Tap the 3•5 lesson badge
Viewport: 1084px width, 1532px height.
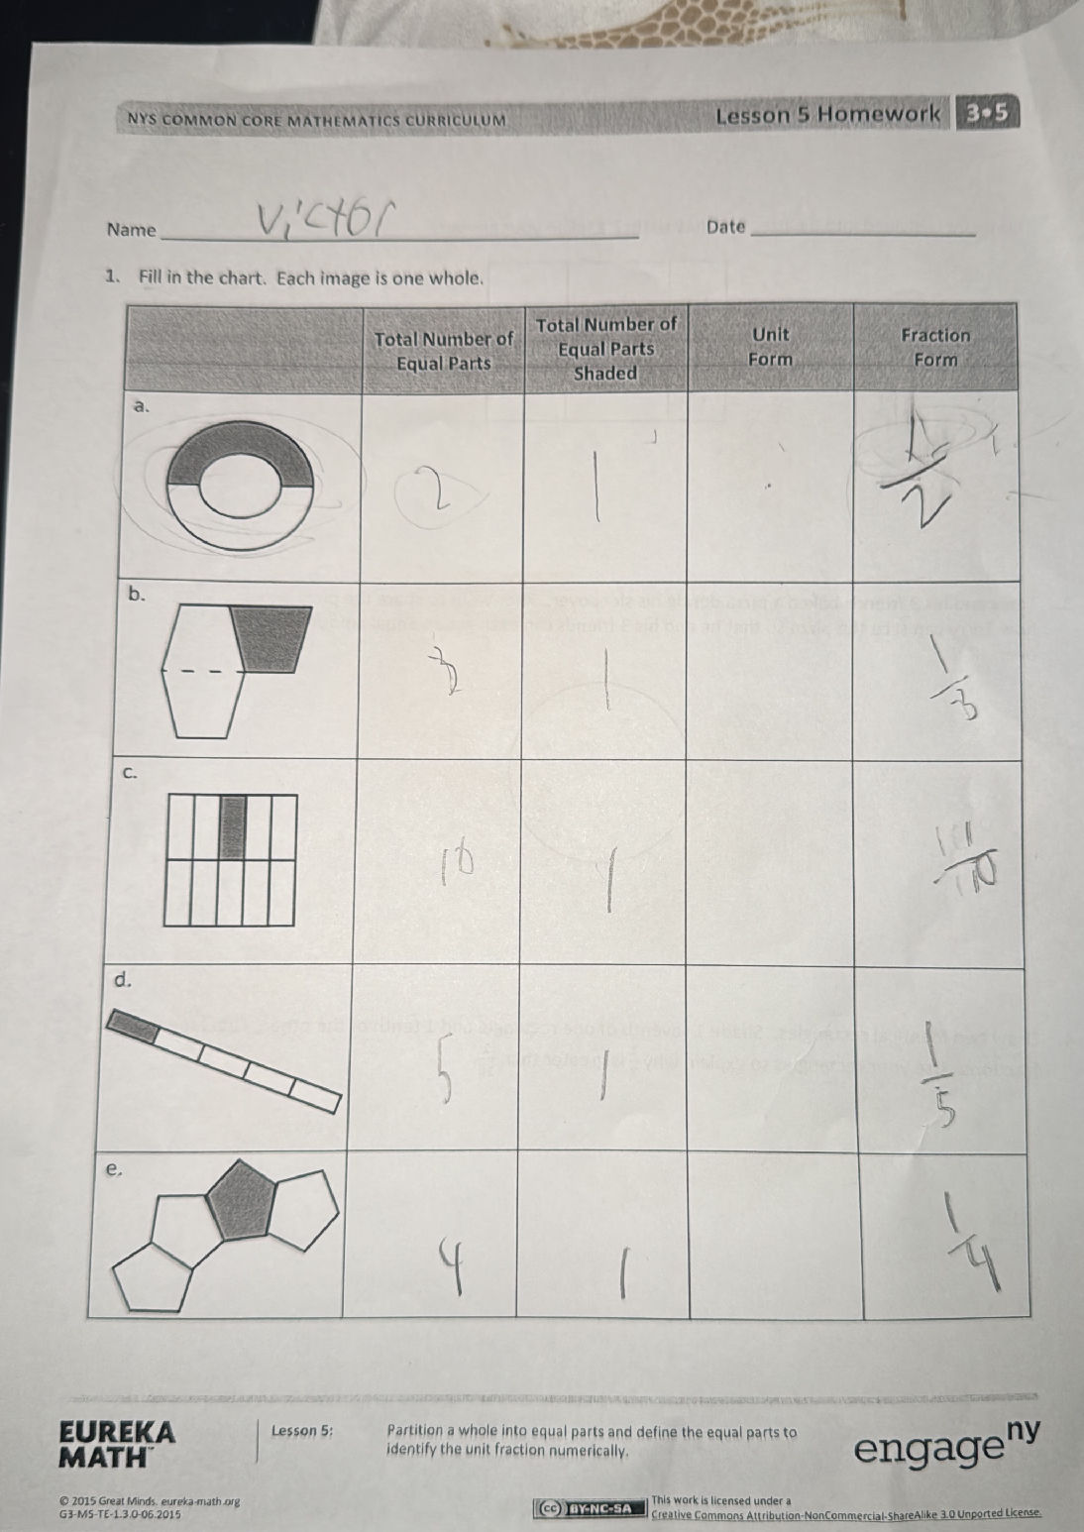(987, 113)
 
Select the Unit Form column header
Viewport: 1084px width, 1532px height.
(770, 347)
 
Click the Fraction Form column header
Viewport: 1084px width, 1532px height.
(935, 347)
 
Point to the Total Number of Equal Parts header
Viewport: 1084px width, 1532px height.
(444, 350)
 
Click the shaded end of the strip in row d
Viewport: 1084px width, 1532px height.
(132, 1026)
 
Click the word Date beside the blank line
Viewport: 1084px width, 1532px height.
(726, 227)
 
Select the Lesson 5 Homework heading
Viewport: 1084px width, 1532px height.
(827, 115)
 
